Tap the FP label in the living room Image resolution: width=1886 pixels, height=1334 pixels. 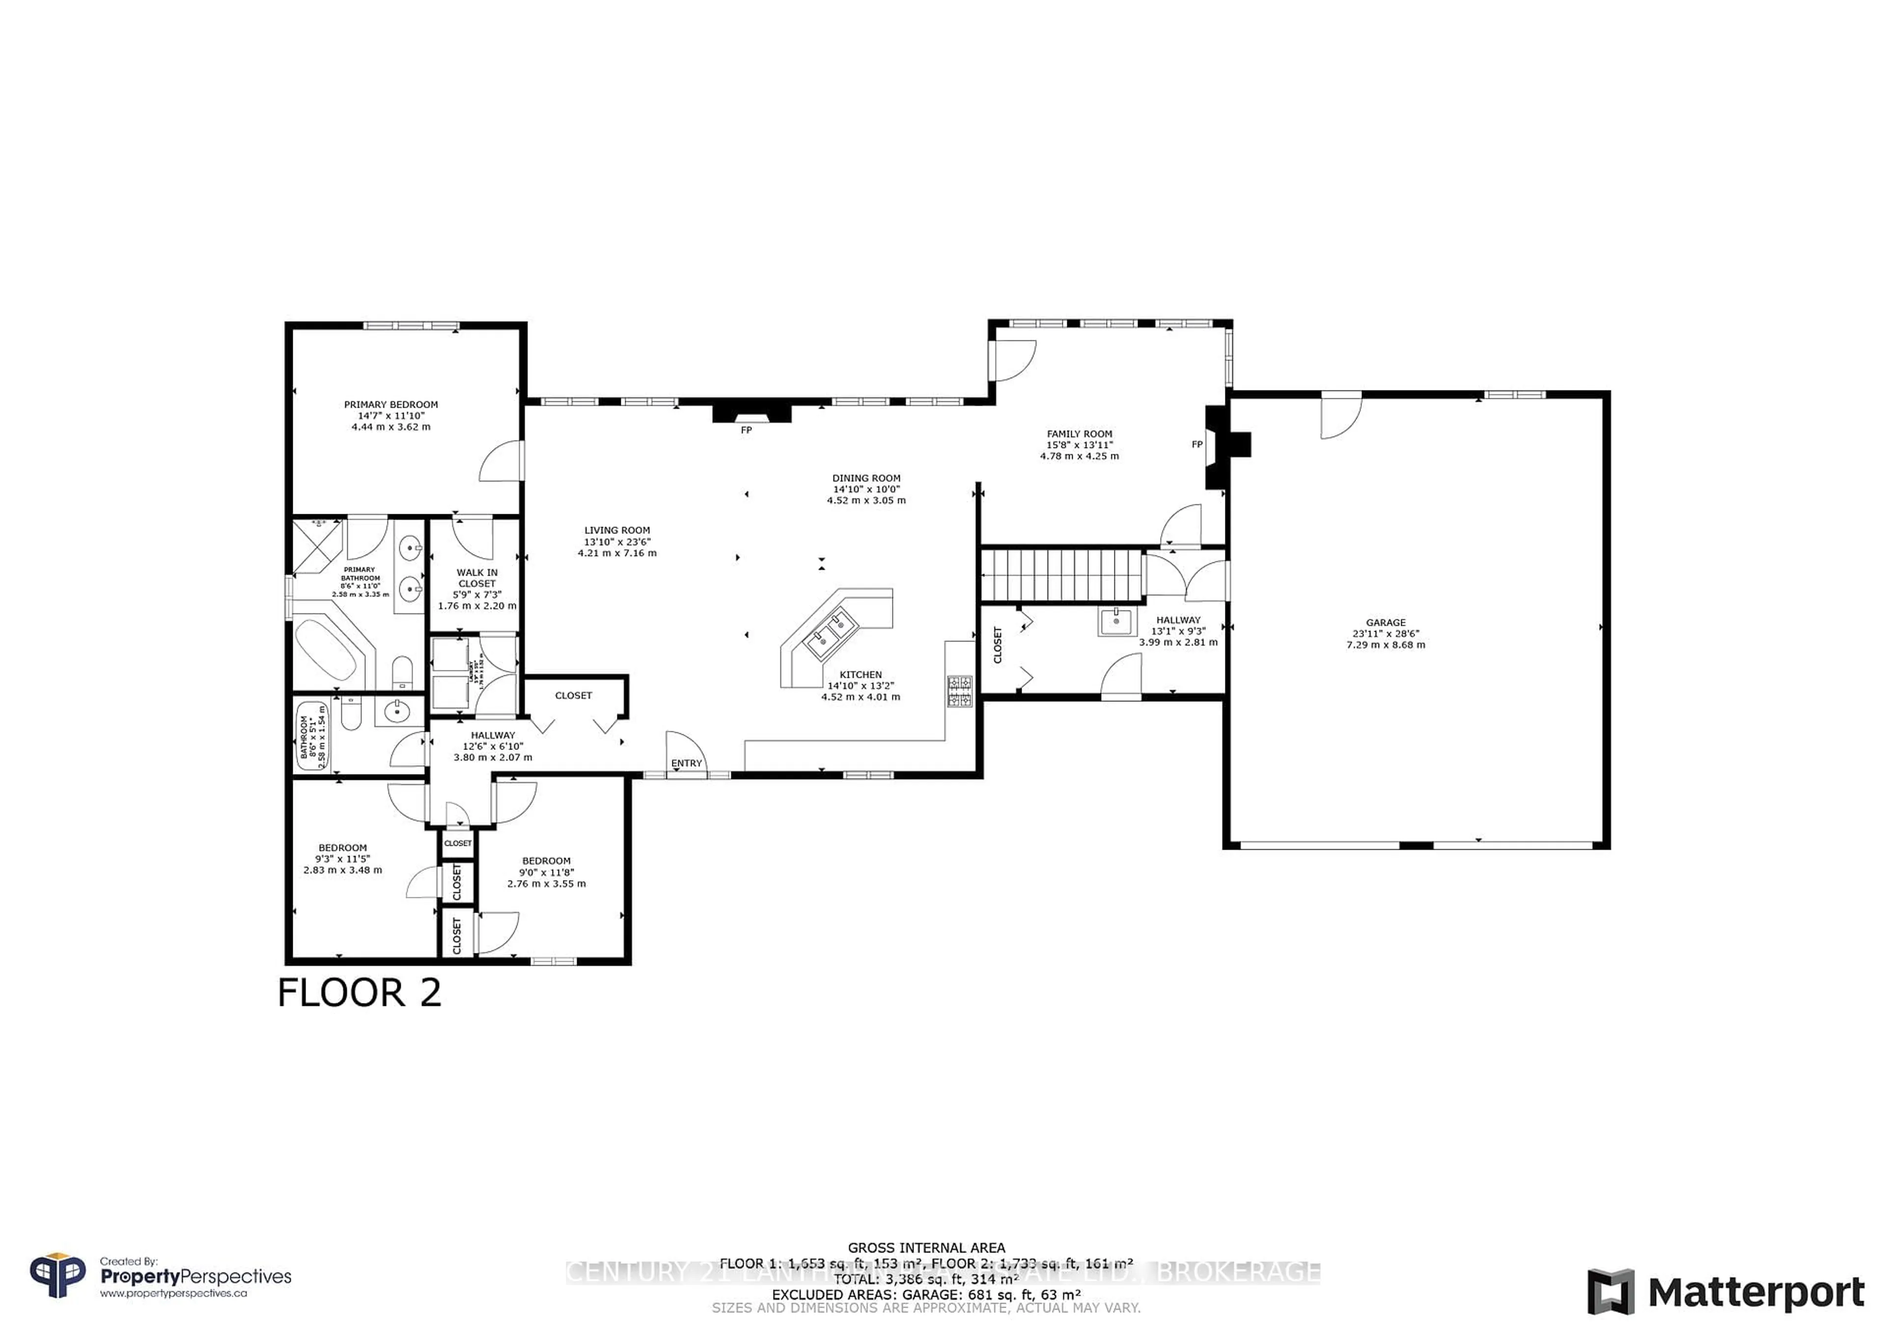coord(746,430)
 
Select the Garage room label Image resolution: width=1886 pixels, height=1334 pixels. coord(1385,623)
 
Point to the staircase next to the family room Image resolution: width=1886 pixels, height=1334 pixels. coord(1062,576)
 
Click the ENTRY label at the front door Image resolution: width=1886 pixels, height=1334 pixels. coord(686,763)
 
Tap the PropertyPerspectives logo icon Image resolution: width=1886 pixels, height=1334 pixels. coord(57,1276)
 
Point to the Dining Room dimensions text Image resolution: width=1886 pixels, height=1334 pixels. coord(866,495)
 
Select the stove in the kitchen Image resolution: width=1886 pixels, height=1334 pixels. coord(959,691)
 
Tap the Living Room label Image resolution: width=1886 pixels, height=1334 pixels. coord(617,530)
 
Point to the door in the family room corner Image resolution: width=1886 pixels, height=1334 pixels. coord(1012,359)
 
